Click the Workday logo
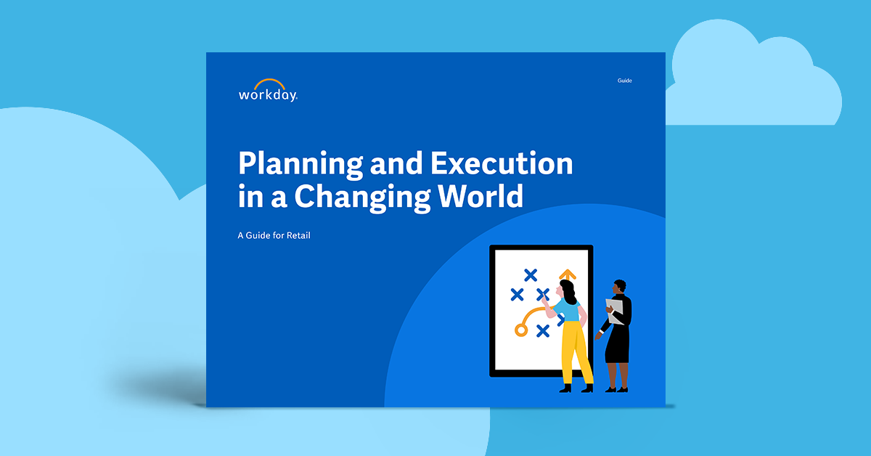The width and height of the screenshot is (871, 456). point(267,90)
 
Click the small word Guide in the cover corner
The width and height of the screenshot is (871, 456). point(624,81)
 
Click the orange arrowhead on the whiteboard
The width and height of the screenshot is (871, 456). point(567,274)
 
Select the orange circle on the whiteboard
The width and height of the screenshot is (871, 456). point(520,330)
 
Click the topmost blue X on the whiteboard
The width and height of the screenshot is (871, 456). point(531,274)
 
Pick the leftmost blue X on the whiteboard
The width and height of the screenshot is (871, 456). point(517,294)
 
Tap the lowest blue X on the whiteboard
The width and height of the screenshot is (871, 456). point(542,331)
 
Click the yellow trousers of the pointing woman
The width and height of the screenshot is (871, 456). point(574,351)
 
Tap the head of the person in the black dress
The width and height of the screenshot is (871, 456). point(619,288)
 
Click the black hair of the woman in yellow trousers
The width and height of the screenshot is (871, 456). point(571,291)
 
